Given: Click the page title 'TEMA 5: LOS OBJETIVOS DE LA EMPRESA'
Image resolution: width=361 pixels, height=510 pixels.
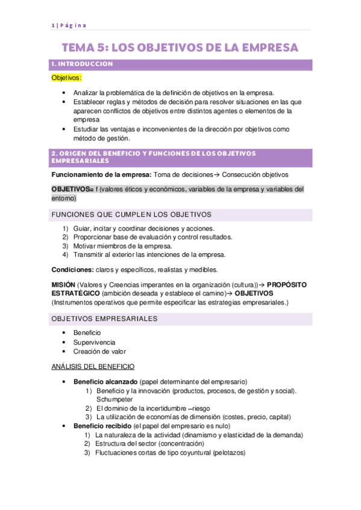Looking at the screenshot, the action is tap(180, 47).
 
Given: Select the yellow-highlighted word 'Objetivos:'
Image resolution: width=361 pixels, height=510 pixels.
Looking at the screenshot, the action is tap(66, 78).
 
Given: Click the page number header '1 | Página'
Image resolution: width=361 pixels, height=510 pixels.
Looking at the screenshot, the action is tap(69, 25).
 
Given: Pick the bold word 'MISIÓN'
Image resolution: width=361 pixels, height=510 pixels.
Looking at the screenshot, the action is tap(64, 284).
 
